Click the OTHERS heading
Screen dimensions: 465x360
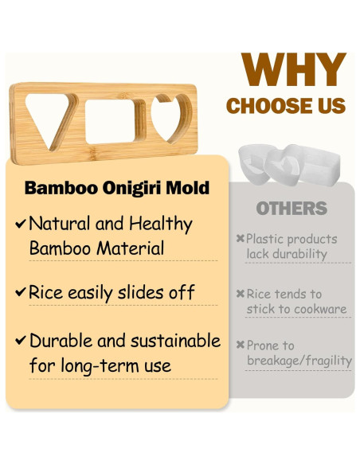(292, 209)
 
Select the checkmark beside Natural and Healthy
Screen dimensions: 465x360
(21, 225)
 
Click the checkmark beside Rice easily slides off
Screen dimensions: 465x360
(21, 292)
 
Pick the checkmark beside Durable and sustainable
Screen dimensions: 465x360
(21, 342)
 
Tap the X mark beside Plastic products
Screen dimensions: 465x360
(241, 239)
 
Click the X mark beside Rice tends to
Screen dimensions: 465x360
(241, 295)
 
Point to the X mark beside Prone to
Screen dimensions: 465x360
(241, 346)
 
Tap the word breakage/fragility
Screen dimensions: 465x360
(299, 361)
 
